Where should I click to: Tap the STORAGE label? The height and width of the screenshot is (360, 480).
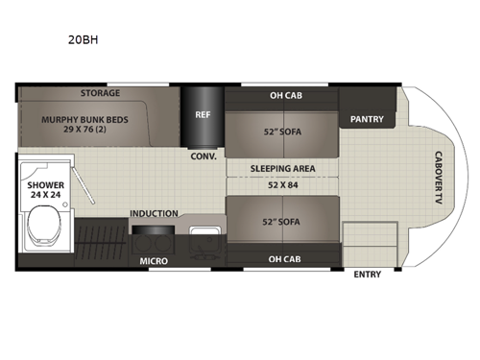(x=100, y=93)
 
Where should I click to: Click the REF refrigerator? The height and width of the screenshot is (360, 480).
(x=203, y=113)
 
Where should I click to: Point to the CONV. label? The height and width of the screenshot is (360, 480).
(x=203, y=156)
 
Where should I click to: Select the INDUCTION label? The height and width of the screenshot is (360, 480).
(x=154, y=212)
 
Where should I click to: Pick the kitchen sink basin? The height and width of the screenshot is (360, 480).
(x=204, y=237)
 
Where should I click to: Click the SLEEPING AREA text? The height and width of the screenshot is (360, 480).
(x=282, y=167)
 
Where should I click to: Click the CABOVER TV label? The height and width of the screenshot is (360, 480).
(x=437, y=177)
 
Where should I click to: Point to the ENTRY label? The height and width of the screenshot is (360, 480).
(x=367, y=274)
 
